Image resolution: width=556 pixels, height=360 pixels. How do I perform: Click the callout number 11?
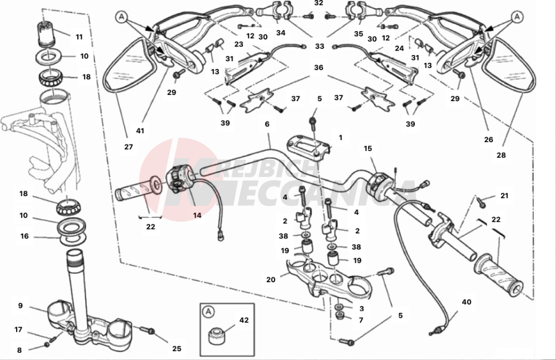[79, 37]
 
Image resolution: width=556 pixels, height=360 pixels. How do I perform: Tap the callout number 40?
[466, 302]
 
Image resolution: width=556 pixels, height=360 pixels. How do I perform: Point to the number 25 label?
[176, 349]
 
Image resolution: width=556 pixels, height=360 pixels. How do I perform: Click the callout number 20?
[271, 280]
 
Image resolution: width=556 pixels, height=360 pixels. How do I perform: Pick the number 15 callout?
[367, 149]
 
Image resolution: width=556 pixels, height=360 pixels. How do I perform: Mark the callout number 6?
[267, 124]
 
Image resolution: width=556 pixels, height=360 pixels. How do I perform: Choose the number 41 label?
[140, 131]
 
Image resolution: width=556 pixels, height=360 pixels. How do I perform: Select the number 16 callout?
[24, 236]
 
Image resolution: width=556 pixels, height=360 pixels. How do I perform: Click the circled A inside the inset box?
[209, 311]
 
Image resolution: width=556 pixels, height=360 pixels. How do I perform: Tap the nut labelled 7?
[340, 317]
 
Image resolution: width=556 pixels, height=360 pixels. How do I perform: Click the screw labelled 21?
[481, 202]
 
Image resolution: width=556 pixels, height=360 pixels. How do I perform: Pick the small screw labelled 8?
[47, 347]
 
